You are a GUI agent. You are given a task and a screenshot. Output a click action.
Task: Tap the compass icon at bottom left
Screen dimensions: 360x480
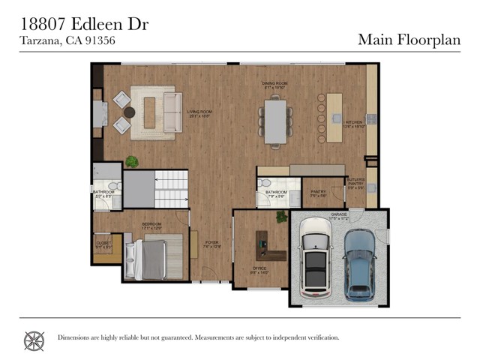tap(34, 340)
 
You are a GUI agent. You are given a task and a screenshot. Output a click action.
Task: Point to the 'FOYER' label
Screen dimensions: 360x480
tap(212, 243)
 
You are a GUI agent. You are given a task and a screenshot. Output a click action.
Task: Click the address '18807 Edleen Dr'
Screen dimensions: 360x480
tap(83, 25)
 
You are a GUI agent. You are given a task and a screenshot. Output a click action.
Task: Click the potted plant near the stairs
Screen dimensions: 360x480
tap(132, 161)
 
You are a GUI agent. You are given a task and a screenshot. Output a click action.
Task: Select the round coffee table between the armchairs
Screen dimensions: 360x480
tap(129, 112)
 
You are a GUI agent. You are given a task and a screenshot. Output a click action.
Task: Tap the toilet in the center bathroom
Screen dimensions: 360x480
tap(264, 184)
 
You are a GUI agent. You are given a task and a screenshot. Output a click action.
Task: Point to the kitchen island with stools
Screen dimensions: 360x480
tap(331, 118)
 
